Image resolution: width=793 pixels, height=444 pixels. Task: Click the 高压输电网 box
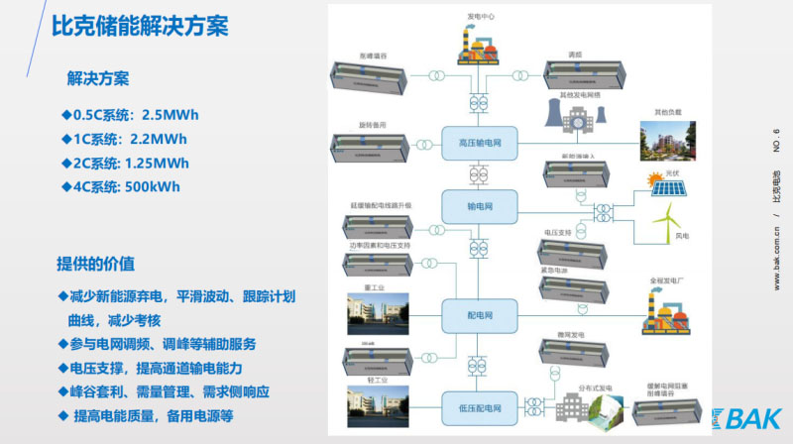[481, 143]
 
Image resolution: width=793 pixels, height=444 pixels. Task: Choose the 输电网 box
[481, 206]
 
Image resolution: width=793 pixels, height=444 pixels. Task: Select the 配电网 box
[481, 314]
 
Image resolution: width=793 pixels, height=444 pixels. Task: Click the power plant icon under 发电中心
[481, 45]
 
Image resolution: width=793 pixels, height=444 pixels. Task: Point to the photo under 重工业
[375, 312]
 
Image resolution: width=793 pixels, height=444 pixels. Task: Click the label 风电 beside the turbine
[681, 236]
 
